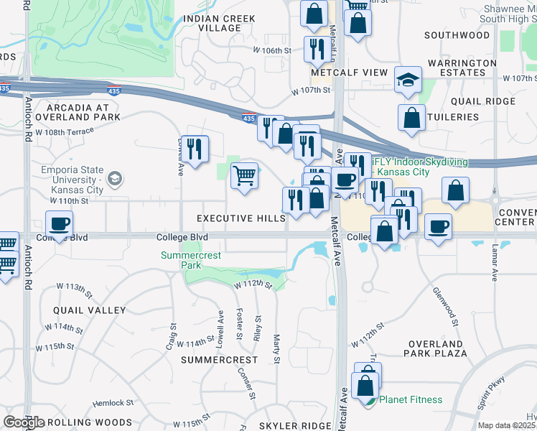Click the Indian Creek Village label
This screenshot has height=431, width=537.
212,23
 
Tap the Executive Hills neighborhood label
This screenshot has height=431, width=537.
241,218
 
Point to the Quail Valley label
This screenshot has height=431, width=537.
89,310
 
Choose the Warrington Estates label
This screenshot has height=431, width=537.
462,68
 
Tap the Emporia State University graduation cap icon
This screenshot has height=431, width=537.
113,178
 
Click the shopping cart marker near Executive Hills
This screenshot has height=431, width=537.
245,175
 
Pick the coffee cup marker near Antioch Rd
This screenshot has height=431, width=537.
59,223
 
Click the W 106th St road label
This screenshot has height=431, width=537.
272,51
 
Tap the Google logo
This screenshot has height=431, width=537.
24,422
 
